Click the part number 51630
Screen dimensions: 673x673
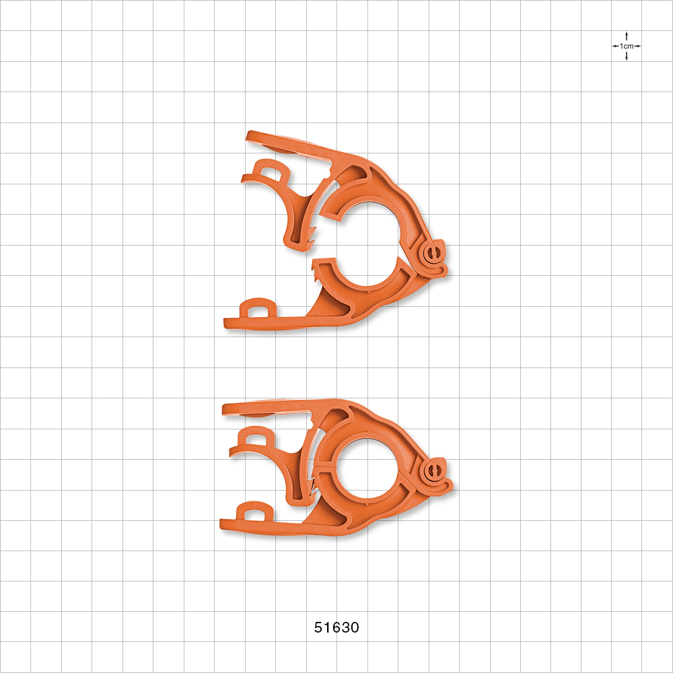336,628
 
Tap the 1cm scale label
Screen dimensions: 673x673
627,46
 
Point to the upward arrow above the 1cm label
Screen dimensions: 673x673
627,35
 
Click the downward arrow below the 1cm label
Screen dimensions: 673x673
627,57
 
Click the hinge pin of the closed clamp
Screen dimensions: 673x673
435,468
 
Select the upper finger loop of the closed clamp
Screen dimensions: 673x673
255,439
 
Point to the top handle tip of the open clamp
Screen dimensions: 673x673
251,137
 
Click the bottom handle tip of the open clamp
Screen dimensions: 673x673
229,324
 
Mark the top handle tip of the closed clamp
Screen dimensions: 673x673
227,408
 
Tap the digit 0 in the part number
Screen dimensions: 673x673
354,628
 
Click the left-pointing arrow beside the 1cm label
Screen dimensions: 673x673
615,46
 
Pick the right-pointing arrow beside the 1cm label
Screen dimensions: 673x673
638,46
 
